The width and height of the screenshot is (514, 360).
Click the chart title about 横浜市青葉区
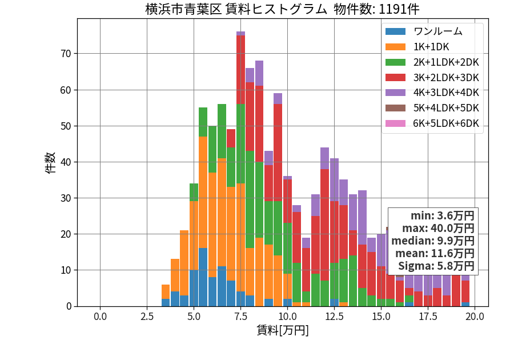(x=282, y=9)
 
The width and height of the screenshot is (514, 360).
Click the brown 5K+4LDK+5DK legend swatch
(x=395, y=108)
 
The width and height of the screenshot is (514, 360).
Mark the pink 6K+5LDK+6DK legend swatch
(x=395, y=123)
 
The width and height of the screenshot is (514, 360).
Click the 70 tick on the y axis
(x=66, y=54)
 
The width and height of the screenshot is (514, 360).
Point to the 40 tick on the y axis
(x=66, y=162)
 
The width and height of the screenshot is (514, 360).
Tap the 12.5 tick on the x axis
(x=334, y=317)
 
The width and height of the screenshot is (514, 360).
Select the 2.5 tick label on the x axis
(x=147, y=317)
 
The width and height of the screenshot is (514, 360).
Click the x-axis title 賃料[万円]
(x=283, y=330)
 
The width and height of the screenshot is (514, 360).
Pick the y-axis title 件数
(x=50, y=163)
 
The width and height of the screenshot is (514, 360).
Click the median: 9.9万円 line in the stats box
(x=433, y=241)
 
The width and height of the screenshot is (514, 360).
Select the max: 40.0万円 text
(x=438, y=228)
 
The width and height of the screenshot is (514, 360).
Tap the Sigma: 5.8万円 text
(x=436, y=266)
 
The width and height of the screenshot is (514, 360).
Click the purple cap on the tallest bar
(x=240, y=34)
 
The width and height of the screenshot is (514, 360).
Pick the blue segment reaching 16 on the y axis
(x=203, y=277)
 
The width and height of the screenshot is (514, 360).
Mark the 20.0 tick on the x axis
(x=475, y=317)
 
